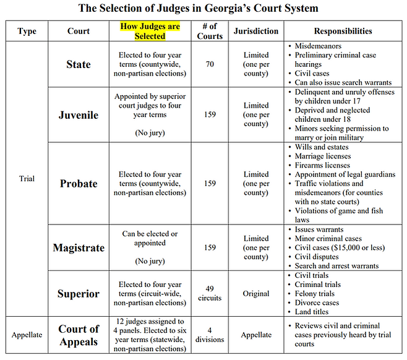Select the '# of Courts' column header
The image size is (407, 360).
coord(210,32)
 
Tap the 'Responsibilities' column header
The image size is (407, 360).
coord(343,31)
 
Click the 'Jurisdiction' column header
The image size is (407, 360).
coord(255,31)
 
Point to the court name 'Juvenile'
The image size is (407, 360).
coord(79,115)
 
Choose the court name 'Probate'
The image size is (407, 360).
coord(79,183)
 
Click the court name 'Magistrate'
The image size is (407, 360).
coord(79,247)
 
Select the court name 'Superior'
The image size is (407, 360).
coord(79,293)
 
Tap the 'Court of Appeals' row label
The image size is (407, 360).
coord(79,335)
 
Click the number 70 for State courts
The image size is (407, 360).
coord(210,64)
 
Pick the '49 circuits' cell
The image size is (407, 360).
coord(210,293)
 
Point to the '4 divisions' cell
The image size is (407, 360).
coord(210,335)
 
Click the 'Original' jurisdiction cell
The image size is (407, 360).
coord(255,294)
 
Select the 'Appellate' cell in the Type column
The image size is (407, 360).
coord(27,335)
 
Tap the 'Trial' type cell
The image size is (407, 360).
coord(27,179)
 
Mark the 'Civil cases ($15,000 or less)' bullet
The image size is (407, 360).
coord(340,248)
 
